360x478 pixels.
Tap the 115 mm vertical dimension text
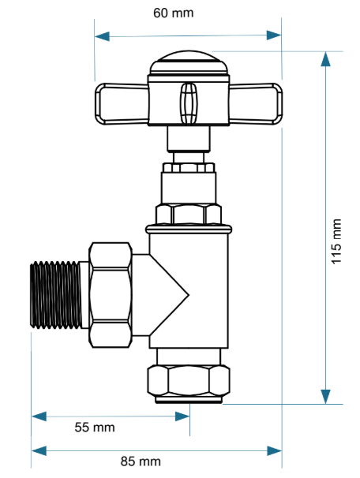(338, 241)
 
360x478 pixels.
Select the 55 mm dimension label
(95, 428)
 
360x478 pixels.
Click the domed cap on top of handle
(188, 62)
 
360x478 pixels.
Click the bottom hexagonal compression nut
(188, 383)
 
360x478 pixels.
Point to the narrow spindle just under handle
(189, 141)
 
